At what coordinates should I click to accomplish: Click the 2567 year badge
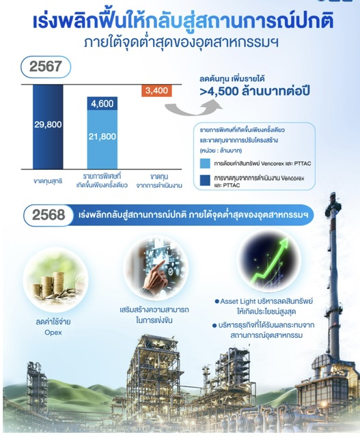click(x=46, y=67)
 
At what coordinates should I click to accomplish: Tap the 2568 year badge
click(x=49, y=215)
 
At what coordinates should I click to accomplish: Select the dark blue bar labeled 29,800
click(x=48, y=127)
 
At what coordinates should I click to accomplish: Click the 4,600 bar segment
click(x=102, y=104)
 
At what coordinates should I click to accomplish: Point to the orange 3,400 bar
click(x=156, y=91)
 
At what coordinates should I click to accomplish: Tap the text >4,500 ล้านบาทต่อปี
click(x=255, y=91)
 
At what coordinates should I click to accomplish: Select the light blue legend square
click(x=205, y=164)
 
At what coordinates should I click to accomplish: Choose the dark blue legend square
click(x=205, y=180)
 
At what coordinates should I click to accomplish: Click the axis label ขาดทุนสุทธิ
click(x=48, y=181)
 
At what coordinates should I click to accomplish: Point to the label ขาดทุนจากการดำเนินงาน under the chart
click(x=159, y=181)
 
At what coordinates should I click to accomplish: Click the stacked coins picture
click(x=55, y=279)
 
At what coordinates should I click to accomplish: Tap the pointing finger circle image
click(x=156, y=267)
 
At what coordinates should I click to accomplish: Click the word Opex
click(x=53, y=333)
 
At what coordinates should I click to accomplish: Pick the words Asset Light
click(x=238, y=301)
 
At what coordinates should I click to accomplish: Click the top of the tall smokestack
click(x=333, y=194)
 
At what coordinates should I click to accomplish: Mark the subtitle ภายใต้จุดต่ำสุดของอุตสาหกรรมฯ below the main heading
click(x=181, y=42)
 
